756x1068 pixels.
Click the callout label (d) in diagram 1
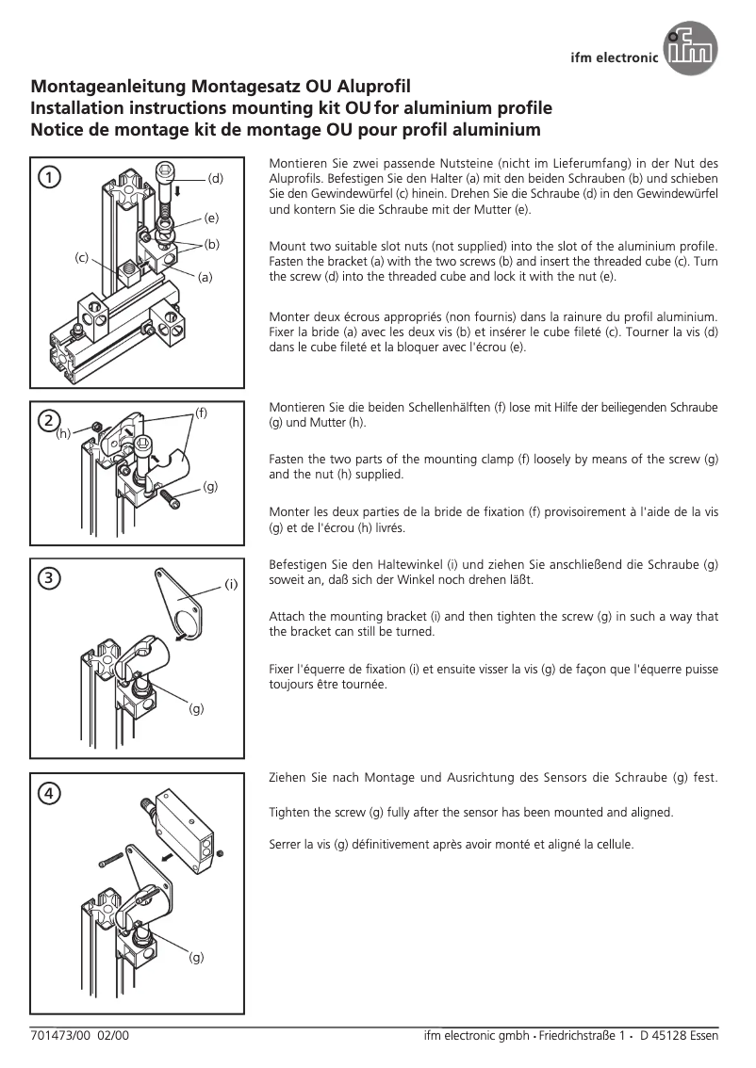point(215,177)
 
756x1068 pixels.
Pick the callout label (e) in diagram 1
point(211,218)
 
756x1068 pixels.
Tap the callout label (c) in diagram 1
point(82,257)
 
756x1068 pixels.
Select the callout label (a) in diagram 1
point(205,277)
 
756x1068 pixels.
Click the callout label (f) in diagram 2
point(201,413)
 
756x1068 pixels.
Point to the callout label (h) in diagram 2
point(63,434)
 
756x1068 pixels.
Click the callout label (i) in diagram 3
point(230,585)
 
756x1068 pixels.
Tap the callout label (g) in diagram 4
point(196,957)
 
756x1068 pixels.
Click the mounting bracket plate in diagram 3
point(182,602)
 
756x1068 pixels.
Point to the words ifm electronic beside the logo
point(615,57)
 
